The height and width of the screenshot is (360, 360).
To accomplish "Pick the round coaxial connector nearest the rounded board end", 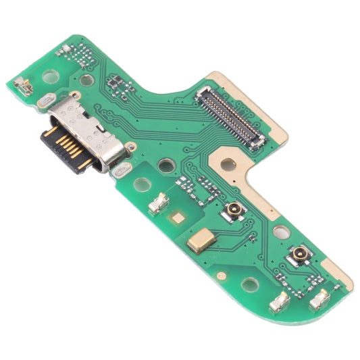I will pyautogui.click(x=298, y=255).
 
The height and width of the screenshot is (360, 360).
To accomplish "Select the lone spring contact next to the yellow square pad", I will pyautogui.click(x=158, y=203).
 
